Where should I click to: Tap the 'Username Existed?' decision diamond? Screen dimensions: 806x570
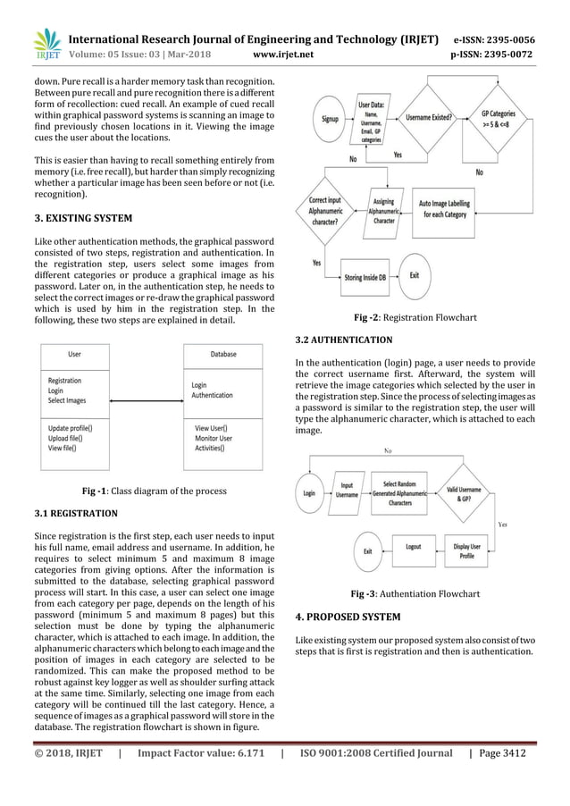[428, 117]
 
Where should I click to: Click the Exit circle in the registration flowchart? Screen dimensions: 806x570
[414, 275]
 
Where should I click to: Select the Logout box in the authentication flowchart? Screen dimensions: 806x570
[413, 546]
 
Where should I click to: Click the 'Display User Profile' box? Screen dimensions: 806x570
[467, 550]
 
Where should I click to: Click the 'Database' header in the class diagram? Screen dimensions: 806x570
[222, 355]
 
